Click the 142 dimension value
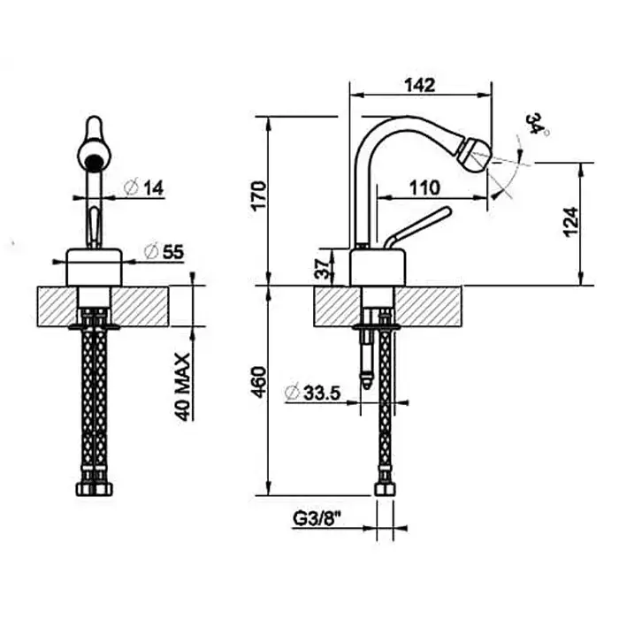coord(420,85)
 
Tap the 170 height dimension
coord(259,195)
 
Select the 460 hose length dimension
coord(259,382)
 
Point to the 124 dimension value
coord(571,222)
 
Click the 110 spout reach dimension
coord(424,187)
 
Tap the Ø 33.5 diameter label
coord(313,393)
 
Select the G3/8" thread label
coord(317,519)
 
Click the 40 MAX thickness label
coord(183,387)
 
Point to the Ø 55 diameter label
coord(164,252)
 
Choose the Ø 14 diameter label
coord(143,187)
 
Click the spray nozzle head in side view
coord(475,155)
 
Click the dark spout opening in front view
coord(93,162)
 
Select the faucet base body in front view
coord(94,267)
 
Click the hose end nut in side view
coord(385,490)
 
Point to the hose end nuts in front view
coord(94,490)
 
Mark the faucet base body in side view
coord(378,267)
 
